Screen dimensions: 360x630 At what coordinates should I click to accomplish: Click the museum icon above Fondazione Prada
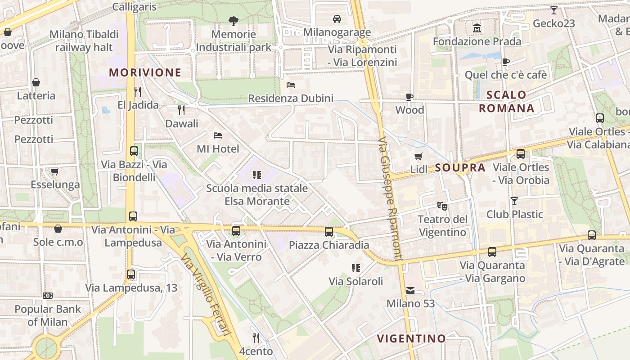(x=477, y=29)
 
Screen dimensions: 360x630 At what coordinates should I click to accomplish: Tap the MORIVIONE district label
(x=145, y=72)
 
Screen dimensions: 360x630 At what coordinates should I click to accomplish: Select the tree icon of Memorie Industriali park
(x=233, y=21)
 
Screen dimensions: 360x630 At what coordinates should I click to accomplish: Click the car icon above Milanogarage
(x=337, y=19)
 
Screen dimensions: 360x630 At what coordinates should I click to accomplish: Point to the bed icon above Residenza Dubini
(x=291, y=85)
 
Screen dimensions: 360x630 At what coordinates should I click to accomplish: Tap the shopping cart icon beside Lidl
(x=418, y=157)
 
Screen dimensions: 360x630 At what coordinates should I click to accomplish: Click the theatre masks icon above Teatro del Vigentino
(x=442, y=207)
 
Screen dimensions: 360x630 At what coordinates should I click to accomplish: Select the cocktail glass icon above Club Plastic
(x=514, y=201)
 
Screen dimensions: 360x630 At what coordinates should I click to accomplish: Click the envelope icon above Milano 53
(x=410, y=291)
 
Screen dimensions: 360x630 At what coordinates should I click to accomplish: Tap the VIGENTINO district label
(x=411, y=338)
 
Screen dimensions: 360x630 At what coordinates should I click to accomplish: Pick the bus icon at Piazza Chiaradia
(x=329, y=232)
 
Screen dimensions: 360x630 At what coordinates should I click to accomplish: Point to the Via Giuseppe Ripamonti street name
(x=390, y=198)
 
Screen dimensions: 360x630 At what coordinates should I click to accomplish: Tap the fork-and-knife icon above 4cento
(x=256, y=338)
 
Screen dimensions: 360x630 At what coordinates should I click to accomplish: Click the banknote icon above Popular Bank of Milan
(x=48, y=296)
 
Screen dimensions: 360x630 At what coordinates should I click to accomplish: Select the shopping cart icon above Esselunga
(x=55, y=171)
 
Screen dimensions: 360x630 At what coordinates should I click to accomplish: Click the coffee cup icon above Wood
(x=409, y=97)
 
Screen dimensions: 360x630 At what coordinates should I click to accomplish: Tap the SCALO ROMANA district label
(x=506, y=101)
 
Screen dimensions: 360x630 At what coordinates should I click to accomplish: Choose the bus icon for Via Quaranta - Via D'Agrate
(x=592, y=235)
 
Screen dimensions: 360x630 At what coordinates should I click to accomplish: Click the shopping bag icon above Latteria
(x=36, y=83)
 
